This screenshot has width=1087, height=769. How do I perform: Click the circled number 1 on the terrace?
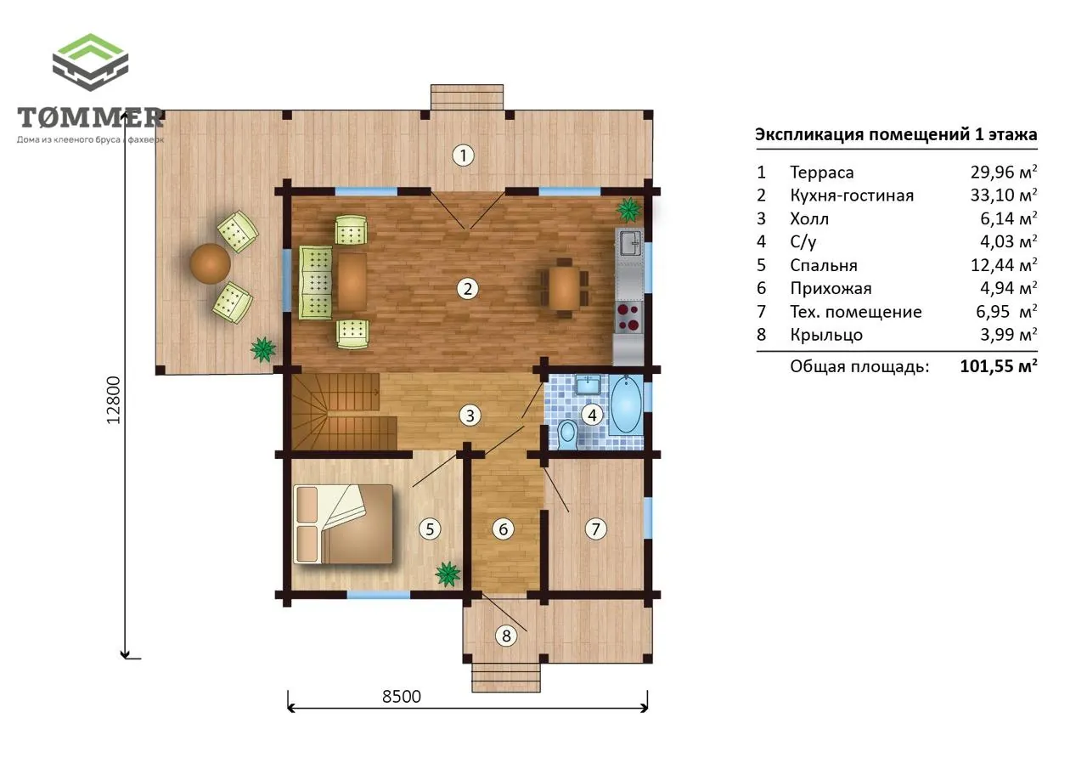pos(463,155)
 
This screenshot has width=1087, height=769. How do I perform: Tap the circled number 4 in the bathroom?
pos(592,415)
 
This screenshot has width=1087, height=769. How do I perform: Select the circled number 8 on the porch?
pos(506,636)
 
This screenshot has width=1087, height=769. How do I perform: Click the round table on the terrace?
pos(210,263)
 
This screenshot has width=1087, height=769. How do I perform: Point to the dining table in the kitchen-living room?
pos(564,287)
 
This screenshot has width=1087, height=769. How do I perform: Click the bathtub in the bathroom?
pos(626,404)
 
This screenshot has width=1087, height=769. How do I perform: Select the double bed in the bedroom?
pos(343,523)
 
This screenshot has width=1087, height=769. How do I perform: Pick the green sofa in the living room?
pos(315,283)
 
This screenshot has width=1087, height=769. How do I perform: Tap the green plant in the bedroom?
pos(448,574)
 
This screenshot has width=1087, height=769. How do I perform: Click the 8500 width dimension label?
pos(402,697)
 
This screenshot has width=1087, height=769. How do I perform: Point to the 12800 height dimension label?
pos(113,400)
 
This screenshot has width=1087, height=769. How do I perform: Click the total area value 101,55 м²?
pos(999,365)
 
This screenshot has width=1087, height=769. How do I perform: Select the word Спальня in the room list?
pos(824,265)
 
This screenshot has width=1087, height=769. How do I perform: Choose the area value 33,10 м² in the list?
pos(1004,195)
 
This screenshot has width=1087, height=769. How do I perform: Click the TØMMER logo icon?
pos(90,62)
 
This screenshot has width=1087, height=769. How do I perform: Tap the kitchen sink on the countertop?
pos(630,243)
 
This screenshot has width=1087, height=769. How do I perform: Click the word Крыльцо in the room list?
pos(826,335)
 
